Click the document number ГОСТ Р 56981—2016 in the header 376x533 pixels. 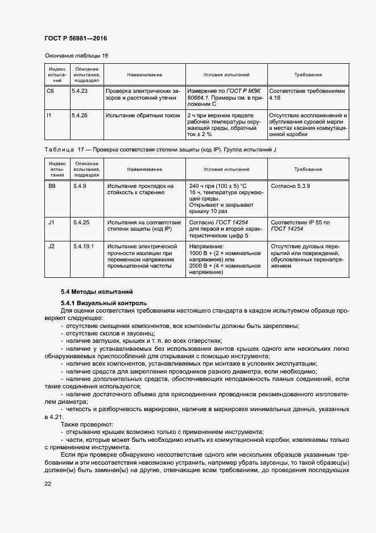click(76, 38)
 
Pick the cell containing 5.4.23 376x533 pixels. click(80, 91)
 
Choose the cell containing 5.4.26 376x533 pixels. click(80, 115)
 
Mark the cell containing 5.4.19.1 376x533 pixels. click(83, 246)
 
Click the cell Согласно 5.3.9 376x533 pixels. click(291, 186)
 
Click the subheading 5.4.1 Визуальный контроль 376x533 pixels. click(104, 303)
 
